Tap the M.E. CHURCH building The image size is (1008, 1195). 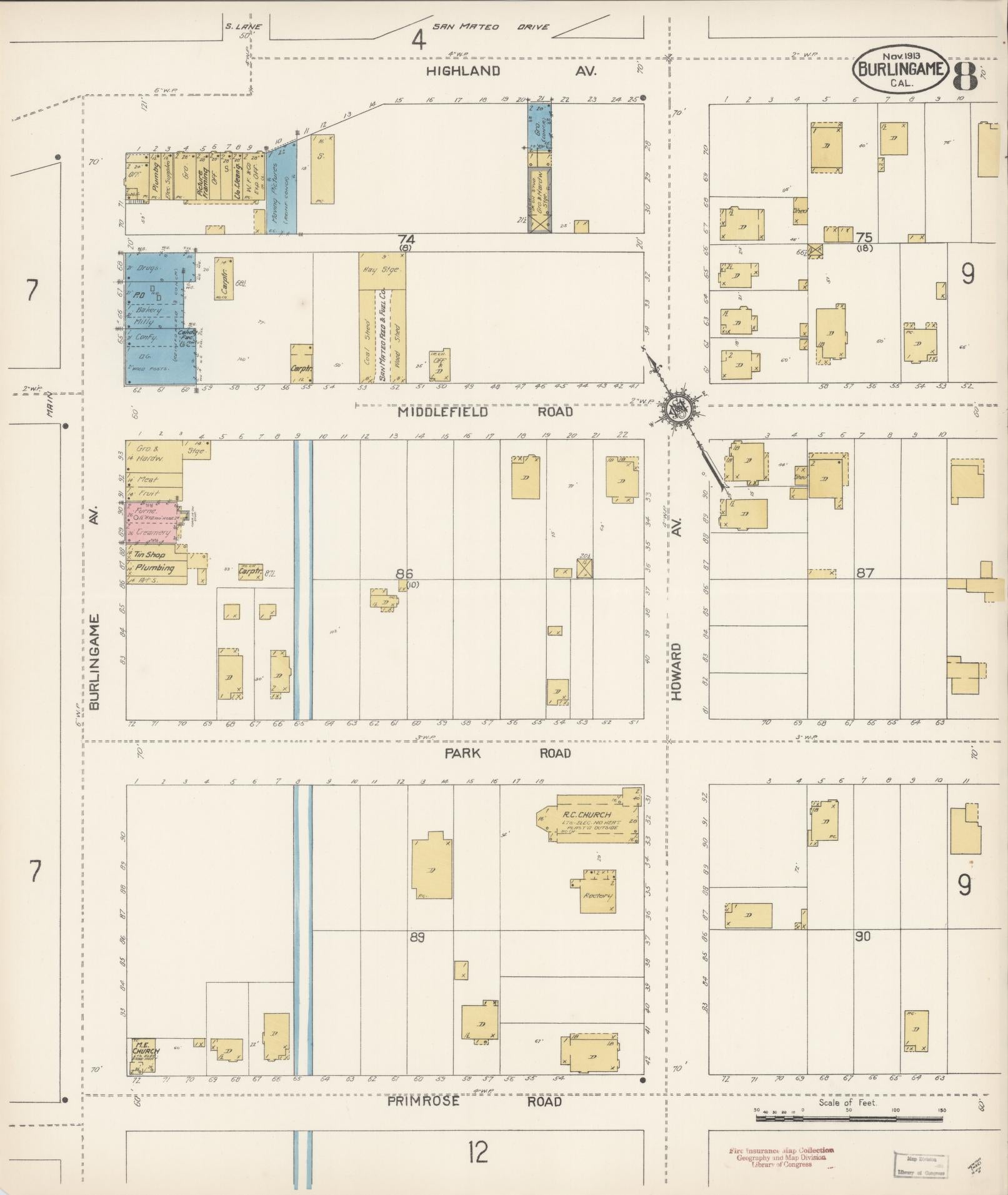tap(142, 1055)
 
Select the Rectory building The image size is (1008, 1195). tap(597, 895)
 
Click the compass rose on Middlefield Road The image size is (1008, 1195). tap(678, 409)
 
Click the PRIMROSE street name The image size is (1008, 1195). tap(423, 1101)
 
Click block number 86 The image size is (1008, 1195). tap(405, 574)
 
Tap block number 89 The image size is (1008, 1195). tap(417, 937)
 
